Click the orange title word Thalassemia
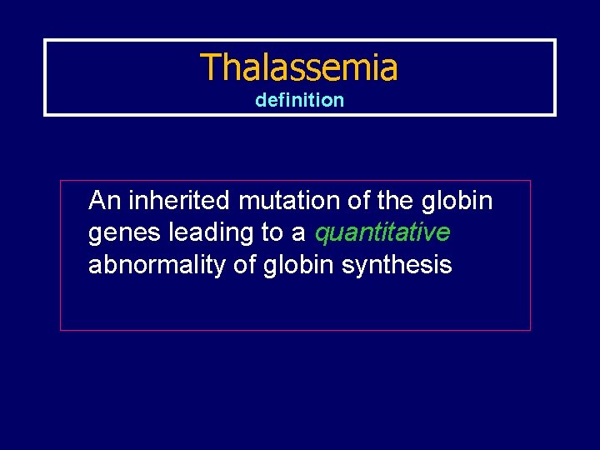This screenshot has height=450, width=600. pos(299,67)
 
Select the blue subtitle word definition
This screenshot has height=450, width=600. pos(299,100)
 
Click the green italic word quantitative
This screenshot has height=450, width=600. pos(382,233)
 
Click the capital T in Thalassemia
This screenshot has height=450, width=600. pos(209,67)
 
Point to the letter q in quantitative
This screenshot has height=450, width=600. pos(322,236)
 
